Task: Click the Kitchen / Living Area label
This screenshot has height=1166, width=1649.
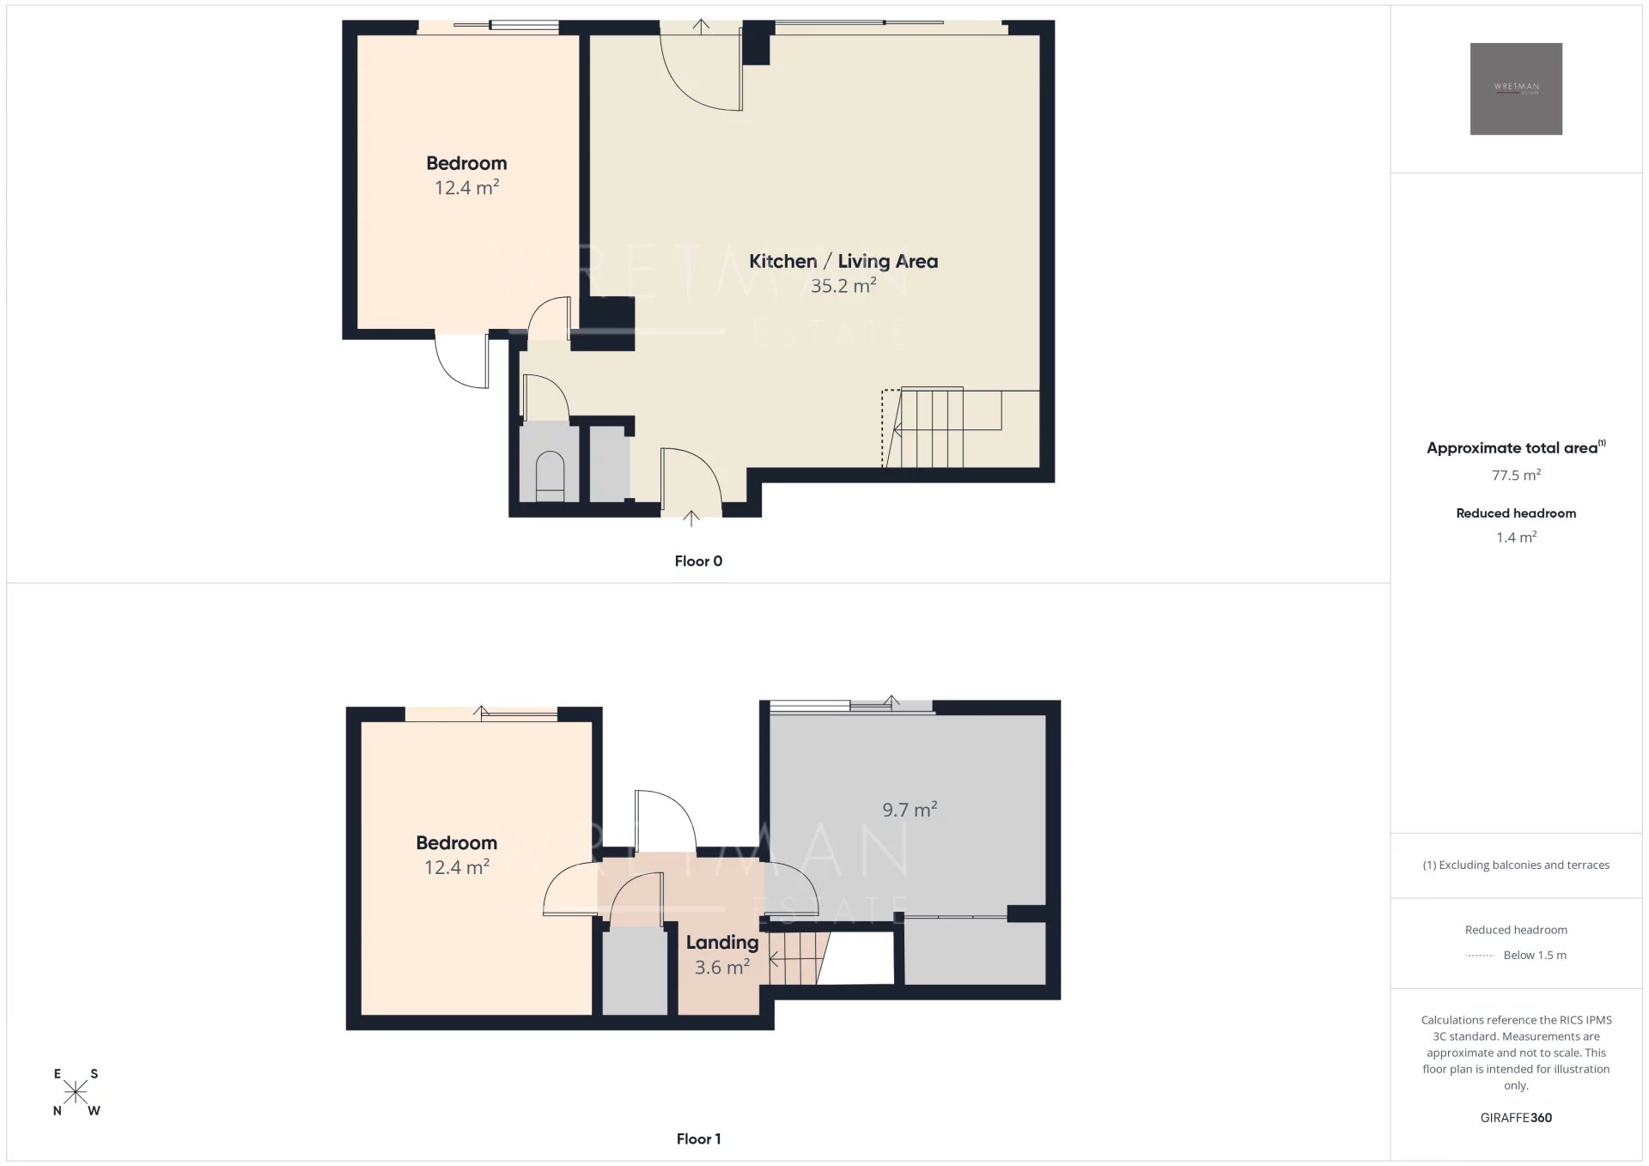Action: [843, 262]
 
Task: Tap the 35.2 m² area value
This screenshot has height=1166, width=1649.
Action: [843, 286]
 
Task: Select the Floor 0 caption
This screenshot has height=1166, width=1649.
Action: [698, 562]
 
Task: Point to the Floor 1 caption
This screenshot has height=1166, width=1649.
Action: [698, 1139]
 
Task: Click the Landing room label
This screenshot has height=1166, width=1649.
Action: [722, 943]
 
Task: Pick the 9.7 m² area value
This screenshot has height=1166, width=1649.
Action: [910, 810]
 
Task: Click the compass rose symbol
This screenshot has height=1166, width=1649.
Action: [76, 1092]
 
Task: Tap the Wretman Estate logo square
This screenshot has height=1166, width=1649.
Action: [1516, 89]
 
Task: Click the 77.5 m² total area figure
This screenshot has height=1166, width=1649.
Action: [1516, 476]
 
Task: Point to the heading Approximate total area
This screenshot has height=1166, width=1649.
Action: [1516, 447]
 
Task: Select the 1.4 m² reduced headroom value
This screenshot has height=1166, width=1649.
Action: [1516, 537]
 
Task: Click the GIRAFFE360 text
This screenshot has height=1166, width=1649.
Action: [1516, 1118]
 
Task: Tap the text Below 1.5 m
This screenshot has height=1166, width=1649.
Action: [1535, 956]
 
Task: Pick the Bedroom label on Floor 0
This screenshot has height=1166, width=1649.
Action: [466, 163]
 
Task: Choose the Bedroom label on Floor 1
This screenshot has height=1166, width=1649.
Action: [456, 843]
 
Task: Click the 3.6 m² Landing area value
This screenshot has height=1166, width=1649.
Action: [722, 968]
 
